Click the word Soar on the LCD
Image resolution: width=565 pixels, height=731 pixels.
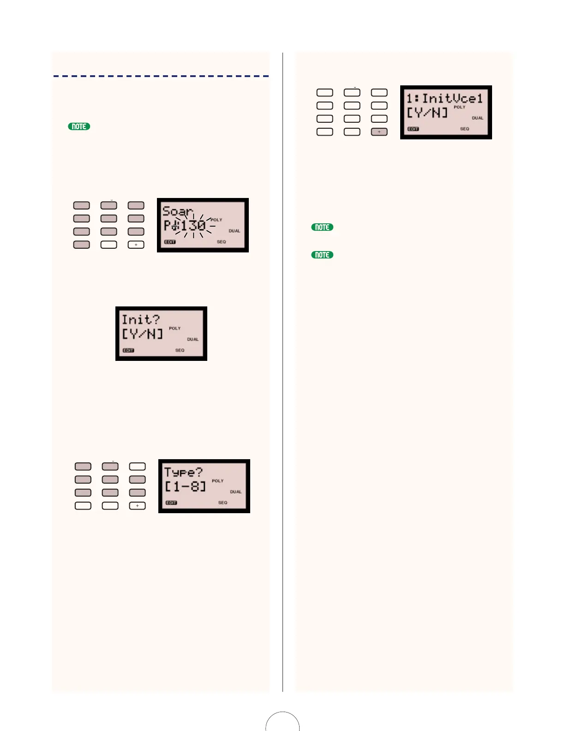(177, 212)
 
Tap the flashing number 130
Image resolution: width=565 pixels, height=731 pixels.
(193, 226)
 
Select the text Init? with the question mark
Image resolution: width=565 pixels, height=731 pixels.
(140, 320)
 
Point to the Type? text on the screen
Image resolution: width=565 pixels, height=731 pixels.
(183, 472)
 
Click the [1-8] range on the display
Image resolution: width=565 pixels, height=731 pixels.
(185, 486)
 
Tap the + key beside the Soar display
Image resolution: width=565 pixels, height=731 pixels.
(136, 245)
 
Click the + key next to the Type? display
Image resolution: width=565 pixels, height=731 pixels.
(138, 506)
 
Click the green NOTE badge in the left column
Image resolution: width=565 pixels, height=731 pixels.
(79, 126)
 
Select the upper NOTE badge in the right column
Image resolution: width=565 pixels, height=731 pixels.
(322, 227)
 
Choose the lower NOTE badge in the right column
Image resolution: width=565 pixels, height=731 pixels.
(322, 255)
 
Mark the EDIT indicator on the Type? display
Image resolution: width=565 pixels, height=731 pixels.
(171, 503)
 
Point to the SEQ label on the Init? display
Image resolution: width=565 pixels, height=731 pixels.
(180, 350)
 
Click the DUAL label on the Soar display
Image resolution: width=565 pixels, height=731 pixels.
(234, 231)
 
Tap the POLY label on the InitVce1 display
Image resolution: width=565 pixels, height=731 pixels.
(459, 107)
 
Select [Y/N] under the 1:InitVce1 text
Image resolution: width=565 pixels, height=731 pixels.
(427, 113)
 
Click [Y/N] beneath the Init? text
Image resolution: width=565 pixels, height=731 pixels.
(142, 334)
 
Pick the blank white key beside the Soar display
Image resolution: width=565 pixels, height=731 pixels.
(109, 245)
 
